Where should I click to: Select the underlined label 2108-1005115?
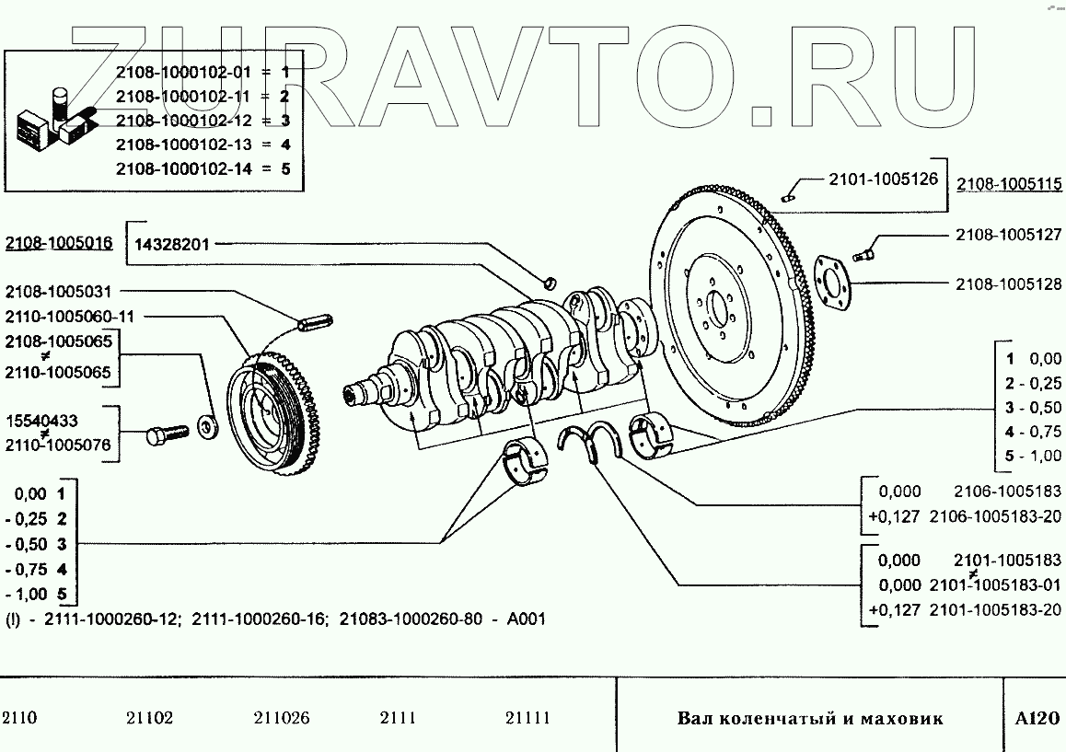click(1008, 184)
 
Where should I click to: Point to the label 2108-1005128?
click(1008, 284)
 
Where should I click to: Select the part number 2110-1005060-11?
click(70, 316)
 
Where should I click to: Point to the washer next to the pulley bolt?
click(207, 426)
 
